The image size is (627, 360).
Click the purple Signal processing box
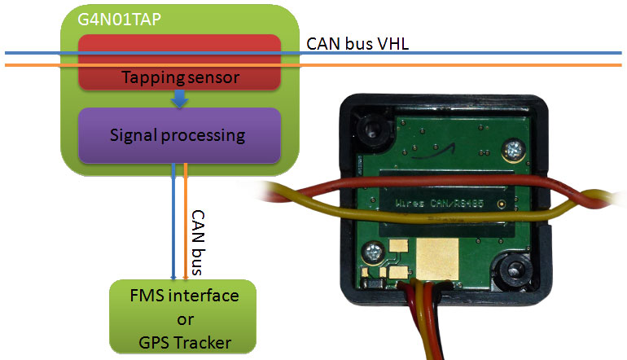tap(178, 135)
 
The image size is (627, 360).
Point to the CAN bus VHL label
tap(357, 44)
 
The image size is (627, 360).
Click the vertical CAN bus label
tap(197, 239)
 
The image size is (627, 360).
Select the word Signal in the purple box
tap(133, 135)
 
